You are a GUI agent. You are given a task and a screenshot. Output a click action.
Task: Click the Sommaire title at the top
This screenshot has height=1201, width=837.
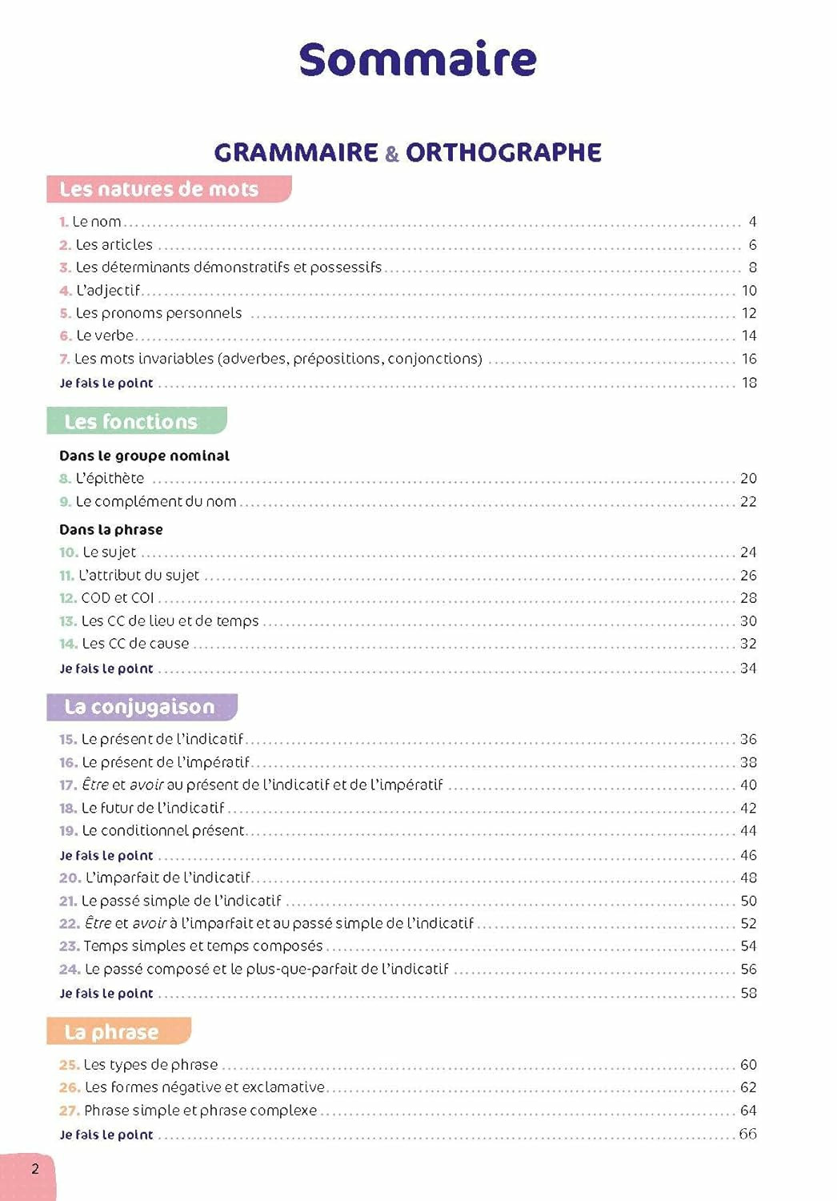click(418, 59)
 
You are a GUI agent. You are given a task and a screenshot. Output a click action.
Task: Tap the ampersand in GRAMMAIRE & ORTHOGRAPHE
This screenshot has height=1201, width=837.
click(391, 154)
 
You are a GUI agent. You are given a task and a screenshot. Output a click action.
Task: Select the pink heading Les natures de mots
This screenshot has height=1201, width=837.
click(159, 190)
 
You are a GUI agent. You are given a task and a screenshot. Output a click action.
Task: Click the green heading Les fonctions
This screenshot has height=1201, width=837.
click(130, 422)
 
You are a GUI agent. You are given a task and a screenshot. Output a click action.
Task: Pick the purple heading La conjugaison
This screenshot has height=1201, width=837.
click(140, 707)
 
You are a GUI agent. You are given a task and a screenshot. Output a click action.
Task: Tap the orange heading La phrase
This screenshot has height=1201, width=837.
click(111, 1032)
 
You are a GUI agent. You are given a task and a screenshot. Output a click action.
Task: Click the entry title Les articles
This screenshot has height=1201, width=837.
click(114, 245)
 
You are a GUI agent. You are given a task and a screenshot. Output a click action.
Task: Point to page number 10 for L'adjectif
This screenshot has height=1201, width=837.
click(748, 291)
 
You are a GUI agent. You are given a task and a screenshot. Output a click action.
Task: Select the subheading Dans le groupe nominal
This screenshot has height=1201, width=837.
click(144, 456)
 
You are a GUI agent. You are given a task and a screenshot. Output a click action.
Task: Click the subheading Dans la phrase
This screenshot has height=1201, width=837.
click(110, 529)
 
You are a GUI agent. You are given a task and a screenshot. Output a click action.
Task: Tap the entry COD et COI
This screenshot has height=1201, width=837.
click(118, 598)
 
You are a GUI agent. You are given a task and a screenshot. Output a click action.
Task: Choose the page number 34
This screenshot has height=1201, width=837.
click(748, 668)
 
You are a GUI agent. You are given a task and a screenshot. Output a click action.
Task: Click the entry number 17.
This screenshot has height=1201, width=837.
click(67, 785)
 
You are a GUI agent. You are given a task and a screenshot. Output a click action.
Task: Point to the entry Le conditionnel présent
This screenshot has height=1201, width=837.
click(163, 831)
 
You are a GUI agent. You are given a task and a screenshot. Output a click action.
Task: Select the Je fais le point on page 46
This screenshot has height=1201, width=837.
click(106, 856)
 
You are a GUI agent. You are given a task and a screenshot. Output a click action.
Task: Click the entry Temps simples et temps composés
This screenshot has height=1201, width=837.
click(203, 946)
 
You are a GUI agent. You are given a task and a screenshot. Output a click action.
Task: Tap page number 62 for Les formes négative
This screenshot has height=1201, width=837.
click(748, 1087)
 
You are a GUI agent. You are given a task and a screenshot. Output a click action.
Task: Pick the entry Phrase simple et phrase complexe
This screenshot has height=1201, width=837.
click(200, 1111)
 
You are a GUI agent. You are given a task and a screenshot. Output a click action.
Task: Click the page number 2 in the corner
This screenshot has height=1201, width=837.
click(35, 1169)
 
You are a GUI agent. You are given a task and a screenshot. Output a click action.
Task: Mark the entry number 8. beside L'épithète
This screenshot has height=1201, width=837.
click(65, 479)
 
